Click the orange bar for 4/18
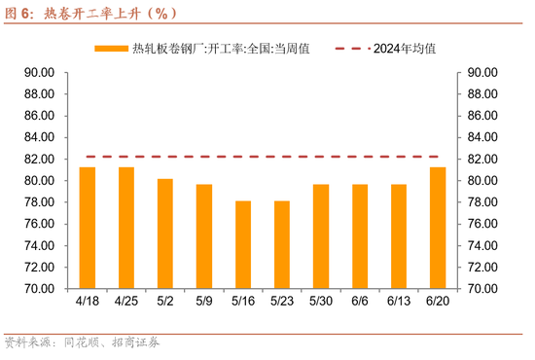[88, 228]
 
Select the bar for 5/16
[243, 244]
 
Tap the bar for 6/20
[438, 228]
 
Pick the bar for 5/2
[165, 234]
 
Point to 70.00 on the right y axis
[483, 289]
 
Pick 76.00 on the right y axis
[483, 224]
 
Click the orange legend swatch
[111, 49]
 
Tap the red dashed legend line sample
[350, 49]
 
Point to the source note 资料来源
[29, 342]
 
